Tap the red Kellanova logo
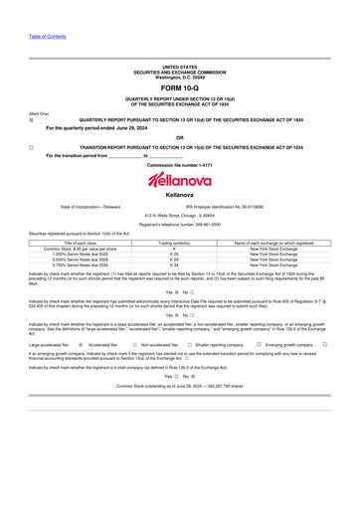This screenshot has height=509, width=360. point(180,180)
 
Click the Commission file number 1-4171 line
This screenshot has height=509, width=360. point(180,164)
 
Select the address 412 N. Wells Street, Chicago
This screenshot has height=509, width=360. point(180,216)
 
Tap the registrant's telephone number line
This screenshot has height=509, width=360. point(180,225)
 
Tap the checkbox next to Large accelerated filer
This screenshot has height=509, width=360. point(80,345)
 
